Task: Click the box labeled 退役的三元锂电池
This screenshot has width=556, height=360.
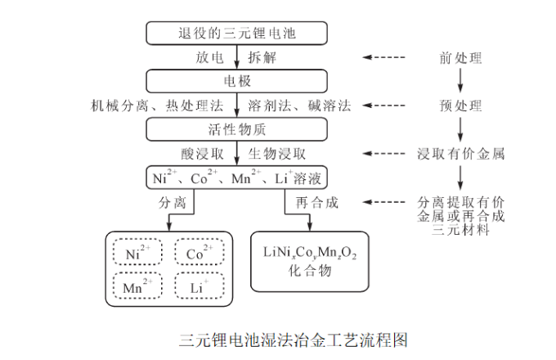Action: tap(236, 33)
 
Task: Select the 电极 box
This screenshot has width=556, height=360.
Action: tap(236, 81)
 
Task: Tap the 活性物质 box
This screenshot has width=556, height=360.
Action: tap(236, 129)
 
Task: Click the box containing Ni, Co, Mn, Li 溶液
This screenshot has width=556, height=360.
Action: tap(236, 177)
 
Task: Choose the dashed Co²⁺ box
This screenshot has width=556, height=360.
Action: tap(200, 252)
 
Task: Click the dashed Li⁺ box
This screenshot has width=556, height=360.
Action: tap(200, 286)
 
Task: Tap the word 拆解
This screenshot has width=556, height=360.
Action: tap(262, 57)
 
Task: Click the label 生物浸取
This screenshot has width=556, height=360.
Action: tap(277, 153)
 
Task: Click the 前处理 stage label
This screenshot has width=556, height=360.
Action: tap(460, 57)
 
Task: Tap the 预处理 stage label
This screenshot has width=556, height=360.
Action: tap(460, 106)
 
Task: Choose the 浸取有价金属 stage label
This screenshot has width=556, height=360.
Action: tap(460, 153)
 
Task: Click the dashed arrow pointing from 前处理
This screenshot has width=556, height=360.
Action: tap(384, 57)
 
